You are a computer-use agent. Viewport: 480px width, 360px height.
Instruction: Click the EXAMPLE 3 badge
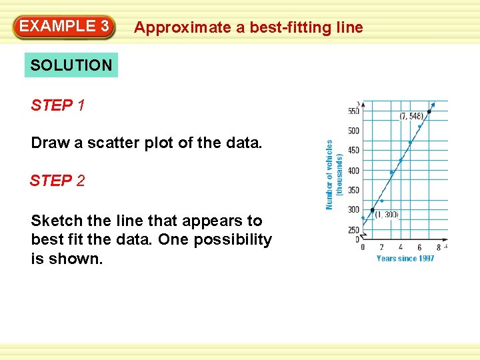click(x=64, y=27)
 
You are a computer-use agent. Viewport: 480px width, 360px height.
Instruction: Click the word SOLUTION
click(x=71, y=65)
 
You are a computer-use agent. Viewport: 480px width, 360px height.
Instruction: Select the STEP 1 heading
click(x=57, y=105)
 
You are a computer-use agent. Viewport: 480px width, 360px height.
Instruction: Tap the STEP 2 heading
click(x=57, y=181)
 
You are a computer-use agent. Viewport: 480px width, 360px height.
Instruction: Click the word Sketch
click(x=53, y=221)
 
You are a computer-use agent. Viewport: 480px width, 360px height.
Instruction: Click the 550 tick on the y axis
click(x=353, y=111)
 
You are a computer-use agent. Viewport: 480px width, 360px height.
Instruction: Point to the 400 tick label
click(x=353, y=171)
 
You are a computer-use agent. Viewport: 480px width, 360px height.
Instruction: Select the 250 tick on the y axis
click(x=353, y=230)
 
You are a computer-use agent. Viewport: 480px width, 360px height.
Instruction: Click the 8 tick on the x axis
click(x=438, y=247)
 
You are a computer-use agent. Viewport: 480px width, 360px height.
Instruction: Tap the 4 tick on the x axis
click(x=401, y=247)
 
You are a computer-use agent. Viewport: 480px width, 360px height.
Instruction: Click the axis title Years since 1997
click(x=405, y=258)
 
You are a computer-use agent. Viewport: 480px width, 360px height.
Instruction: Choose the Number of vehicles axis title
click(x=330, y=174)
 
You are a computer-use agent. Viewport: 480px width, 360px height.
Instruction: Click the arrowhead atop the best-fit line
click(x=434, y=104)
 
